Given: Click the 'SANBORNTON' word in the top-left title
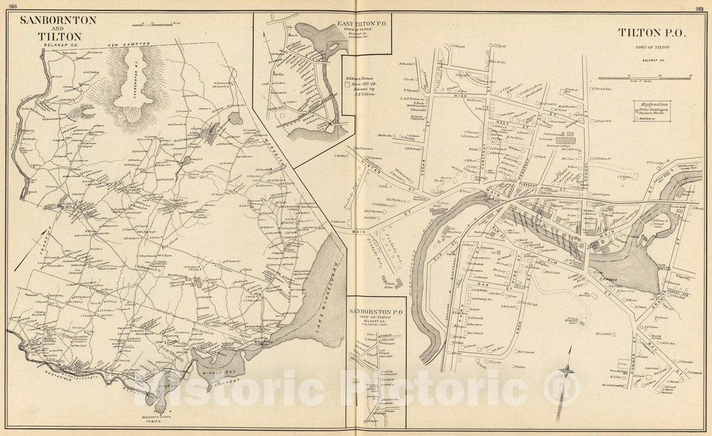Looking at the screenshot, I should click(58, 20).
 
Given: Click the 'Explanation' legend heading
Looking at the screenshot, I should click(651, 104).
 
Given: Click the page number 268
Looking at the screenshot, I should click(13, 7).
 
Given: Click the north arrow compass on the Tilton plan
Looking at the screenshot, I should click(564, 386).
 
